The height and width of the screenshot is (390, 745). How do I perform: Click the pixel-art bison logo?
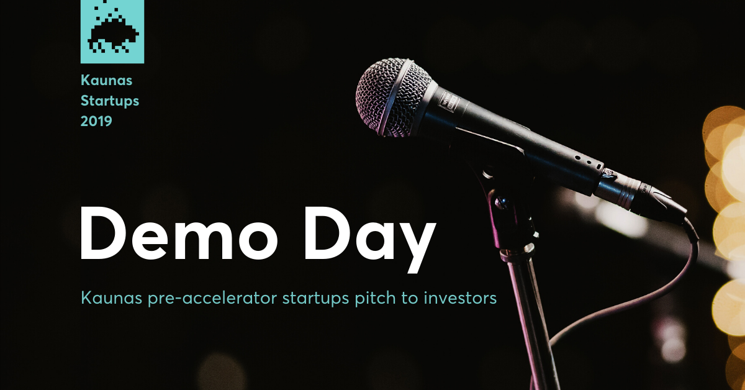click(x=112, y=31)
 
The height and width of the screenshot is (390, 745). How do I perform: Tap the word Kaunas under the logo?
click(x=106, y=80)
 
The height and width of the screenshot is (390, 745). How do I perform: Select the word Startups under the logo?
click(x=110, y=101)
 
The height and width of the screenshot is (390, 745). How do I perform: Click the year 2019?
click(x=96, y=121)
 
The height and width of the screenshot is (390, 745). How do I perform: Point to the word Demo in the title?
click(x=179, y=233)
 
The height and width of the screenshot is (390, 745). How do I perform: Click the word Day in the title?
click(x=369, y=240)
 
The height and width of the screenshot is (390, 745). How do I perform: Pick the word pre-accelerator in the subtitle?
click(x=212, y=299)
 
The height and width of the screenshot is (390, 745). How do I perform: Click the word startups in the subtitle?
click(x=315, y=299)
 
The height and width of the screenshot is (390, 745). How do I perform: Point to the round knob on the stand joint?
click(x=501, y=202)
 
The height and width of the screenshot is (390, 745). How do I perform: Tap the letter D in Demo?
click(x=104, y=233)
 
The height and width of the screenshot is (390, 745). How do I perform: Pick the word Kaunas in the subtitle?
click(x=111, y=298)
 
